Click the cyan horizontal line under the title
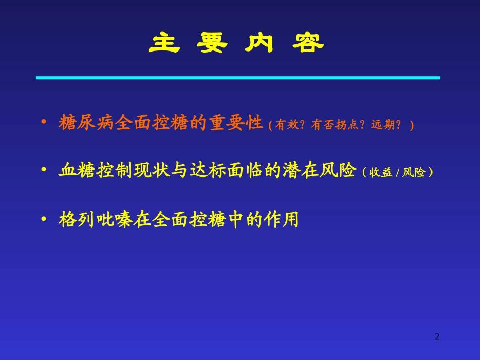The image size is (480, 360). [237, 78]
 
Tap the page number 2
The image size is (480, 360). [437, 337]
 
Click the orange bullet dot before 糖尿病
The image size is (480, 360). [44, 123]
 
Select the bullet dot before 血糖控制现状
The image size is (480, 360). [44, 171]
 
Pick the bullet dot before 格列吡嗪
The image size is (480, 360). [44, 220]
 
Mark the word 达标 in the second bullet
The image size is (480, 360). [208, 171]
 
